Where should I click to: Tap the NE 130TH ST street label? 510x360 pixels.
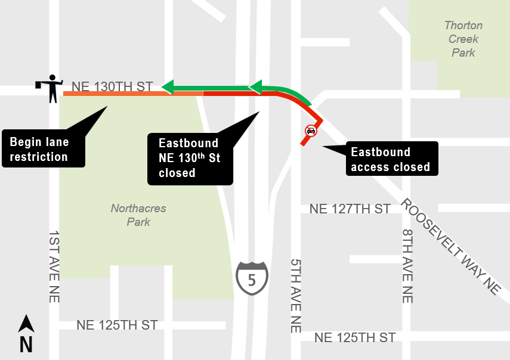[112, 86]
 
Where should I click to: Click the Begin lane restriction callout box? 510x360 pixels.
[44, 149]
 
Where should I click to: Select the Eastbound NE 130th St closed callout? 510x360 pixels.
[189, 158]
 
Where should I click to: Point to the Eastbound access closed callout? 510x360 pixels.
[390, 159]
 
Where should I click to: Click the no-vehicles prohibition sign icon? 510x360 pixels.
[310, 131]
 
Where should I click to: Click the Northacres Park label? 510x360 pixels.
[138, 215]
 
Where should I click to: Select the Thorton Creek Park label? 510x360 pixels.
[463, 39]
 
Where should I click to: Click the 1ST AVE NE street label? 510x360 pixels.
[54, 266]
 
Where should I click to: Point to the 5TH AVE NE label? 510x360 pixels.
[296, 295]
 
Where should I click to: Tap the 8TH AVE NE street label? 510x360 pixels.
[407, 266]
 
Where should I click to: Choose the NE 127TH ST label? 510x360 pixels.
[350, 209]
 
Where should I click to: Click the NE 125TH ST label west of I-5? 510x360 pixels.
[117, 325]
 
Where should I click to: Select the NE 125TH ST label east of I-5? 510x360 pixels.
[354, 337]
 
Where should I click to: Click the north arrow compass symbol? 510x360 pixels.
[26, 324]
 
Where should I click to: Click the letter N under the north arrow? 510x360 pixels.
[26, 345]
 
